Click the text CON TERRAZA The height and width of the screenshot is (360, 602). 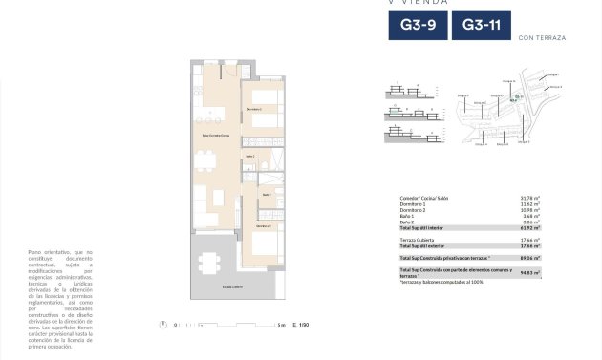[x=541, y=37]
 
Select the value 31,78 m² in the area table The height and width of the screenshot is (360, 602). [x=529, y=198]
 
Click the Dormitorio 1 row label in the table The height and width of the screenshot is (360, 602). [x=414, y=203]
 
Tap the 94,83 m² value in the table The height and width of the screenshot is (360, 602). [x=529, y=273]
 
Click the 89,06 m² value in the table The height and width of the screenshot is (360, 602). [x=529, y=258]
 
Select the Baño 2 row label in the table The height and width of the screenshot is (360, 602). [x=408, y=222]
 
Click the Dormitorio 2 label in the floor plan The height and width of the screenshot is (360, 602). [x=253, y=110]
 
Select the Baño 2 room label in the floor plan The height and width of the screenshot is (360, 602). [x=249, y=156]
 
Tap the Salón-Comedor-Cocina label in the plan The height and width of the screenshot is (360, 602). [x=216, y=137]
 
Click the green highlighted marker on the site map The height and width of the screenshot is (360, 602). [x=517, y=96]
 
